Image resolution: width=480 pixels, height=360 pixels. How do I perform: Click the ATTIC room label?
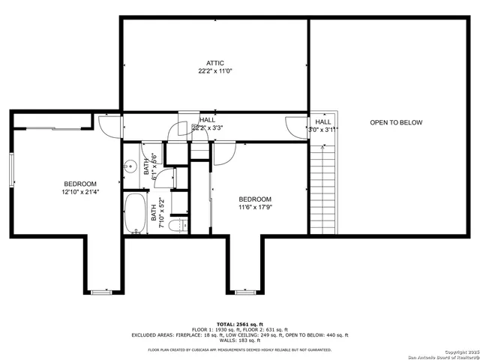[x=215, y=63]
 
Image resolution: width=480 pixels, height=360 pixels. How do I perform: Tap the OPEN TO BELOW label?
[x=396, y=122]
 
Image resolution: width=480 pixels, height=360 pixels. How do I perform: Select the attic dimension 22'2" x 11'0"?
[x=215, y=72]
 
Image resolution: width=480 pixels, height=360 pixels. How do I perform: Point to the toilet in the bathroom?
[x=177, y=225]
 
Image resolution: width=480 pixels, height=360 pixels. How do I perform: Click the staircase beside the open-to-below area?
[x=322, y=187]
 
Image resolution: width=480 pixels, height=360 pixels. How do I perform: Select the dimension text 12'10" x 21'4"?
[x=79, y=193]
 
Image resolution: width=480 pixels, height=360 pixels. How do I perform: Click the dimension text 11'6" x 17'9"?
[x=255, y=208]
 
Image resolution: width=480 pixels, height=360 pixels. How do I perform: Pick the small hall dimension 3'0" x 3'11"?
[x=323, y=129]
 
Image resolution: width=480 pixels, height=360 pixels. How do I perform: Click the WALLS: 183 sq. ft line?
[x=239, y=341]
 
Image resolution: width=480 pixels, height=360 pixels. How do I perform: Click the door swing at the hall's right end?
[x=295, y=127]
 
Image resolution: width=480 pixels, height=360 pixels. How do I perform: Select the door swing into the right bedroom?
[x=224, y=153]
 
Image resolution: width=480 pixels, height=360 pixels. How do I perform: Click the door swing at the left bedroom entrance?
[x=110, y=127]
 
